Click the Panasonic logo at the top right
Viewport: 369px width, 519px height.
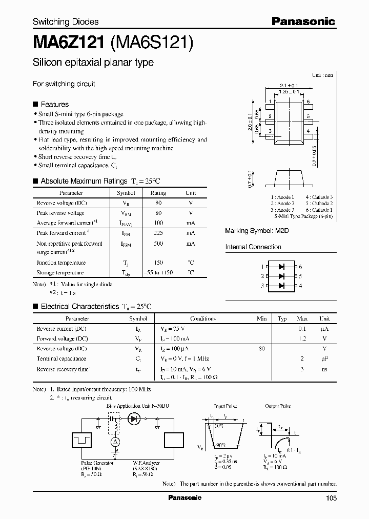coord(303,21)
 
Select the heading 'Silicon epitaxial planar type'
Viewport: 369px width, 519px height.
coord(93,63)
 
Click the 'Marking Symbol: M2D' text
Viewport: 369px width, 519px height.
coord(257,231)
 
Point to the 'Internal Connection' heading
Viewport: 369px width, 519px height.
coord(253,247)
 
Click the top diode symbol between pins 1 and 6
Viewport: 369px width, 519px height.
coord(281,267)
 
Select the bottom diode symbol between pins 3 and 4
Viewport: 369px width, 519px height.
coord(281,285)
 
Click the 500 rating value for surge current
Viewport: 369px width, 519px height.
coord(158,244)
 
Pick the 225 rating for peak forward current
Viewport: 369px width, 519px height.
coord(158,233)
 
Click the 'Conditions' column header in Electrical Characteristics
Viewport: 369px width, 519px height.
coord(202,318)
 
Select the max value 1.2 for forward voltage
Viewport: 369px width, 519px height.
coord(302,338)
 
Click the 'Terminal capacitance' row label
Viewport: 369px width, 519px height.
coord(61,358)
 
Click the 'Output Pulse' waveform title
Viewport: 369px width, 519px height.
coord(278,406)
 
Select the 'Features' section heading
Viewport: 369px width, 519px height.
coord(54,104)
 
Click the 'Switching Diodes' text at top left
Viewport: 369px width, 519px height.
coord(66,22)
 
